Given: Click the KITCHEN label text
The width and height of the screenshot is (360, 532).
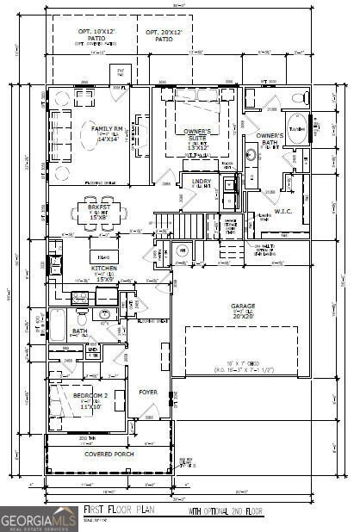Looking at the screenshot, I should (104, 269).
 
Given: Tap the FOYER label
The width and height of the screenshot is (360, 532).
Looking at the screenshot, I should (148, 392).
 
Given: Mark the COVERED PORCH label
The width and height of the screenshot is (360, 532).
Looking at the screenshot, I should (109, 454).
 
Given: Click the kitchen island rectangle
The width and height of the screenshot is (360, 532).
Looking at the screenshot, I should (102, 256).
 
